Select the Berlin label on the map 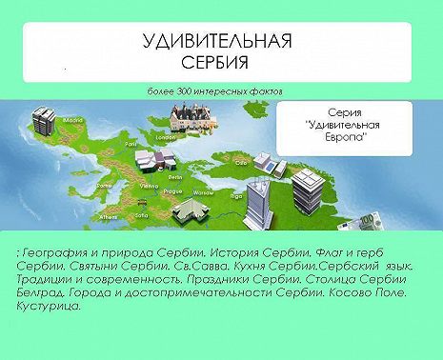[175, 176]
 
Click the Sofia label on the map [141, 214]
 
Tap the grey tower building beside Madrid [43, 120]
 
